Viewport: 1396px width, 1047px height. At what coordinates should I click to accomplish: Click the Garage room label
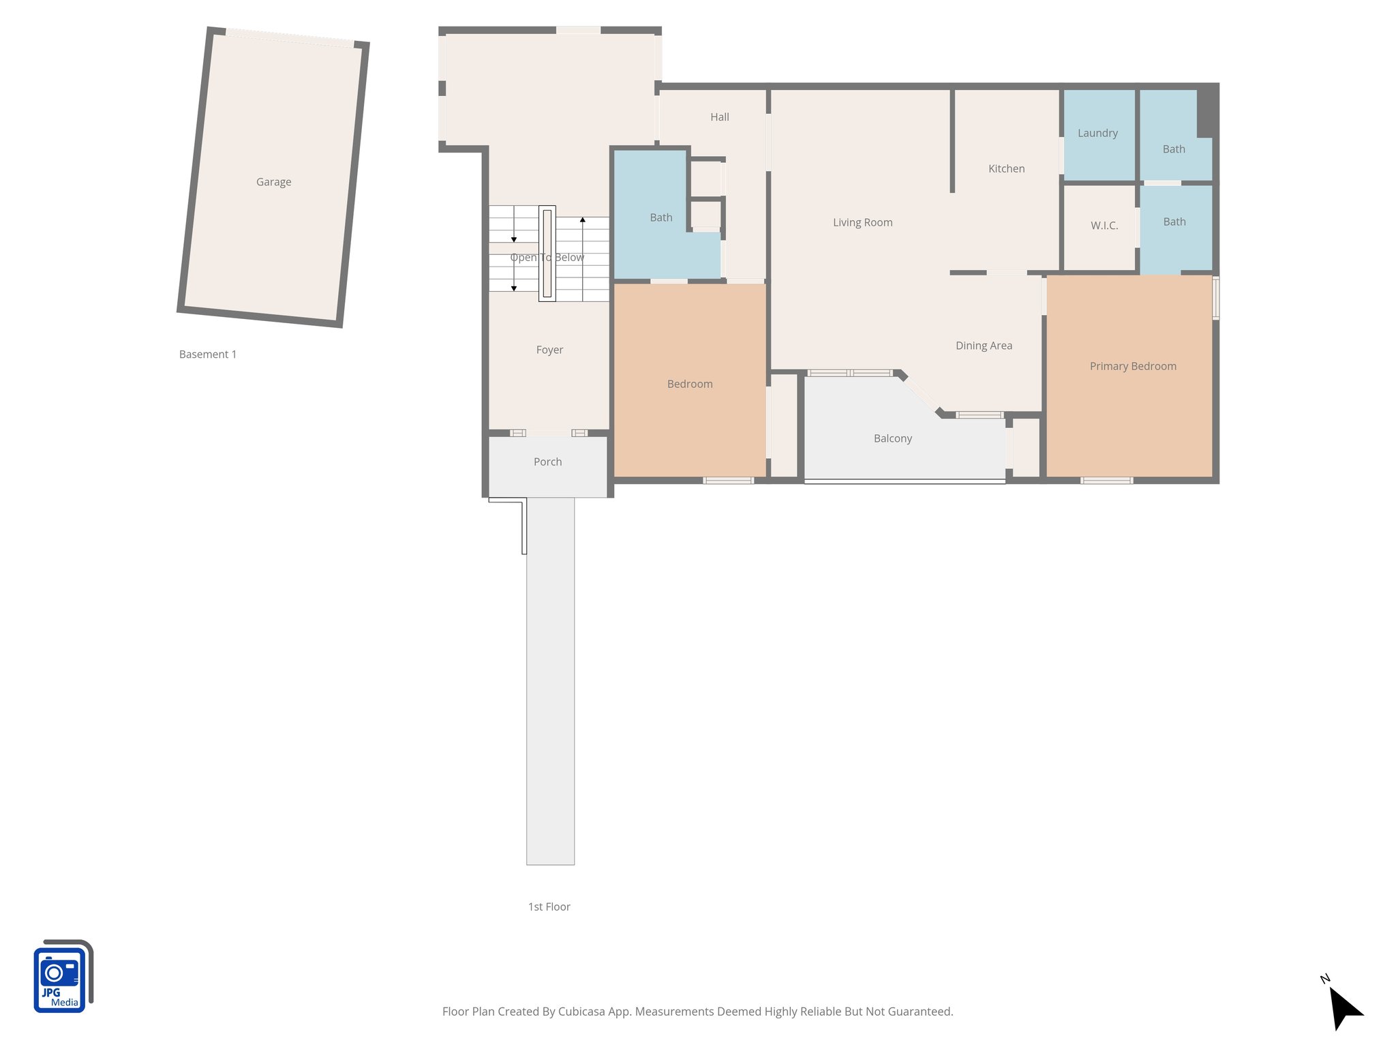pos(273,182)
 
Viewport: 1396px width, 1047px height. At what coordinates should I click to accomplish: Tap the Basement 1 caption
pos(207,354)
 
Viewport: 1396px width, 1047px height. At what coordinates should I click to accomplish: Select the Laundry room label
pos(1097,133)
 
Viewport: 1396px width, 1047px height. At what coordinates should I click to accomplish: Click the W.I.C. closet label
pos(1104,226)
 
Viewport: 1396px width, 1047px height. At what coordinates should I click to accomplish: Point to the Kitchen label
pos(1006,168)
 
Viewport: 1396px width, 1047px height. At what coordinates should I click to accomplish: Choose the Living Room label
pos(862,222)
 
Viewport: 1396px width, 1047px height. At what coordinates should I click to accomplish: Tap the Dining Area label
pos(983,346)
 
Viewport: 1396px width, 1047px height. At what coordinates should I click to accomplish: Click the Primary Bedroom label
pos(1132,366)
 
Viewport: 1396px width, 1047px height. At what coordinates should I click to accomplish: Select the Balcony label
pos(892,438)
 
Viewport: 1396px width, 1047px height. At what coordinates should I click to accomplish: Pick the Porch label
pos(547,461)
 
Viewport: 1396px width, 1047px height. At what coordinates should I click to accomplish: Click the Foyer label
pos(549,350)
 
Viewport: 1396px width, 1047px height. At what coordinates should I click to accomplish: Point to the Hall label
pos(719,117)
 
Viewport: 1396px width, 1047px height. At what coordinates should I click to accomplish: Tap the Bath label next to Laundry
pos(1173,149)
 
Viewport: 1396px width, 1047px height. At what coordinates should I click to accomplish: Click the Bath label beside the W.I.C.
pos(1174,222)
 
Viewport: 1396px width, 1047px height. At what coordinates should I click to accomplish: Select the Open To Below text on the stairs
pos(547,258)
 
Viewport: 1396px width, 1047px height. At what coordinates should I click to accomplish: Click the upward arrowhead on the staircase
pos(583,220)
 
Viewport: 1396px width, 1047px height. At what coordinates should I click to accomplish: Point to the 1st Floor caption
pos(549,907)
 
